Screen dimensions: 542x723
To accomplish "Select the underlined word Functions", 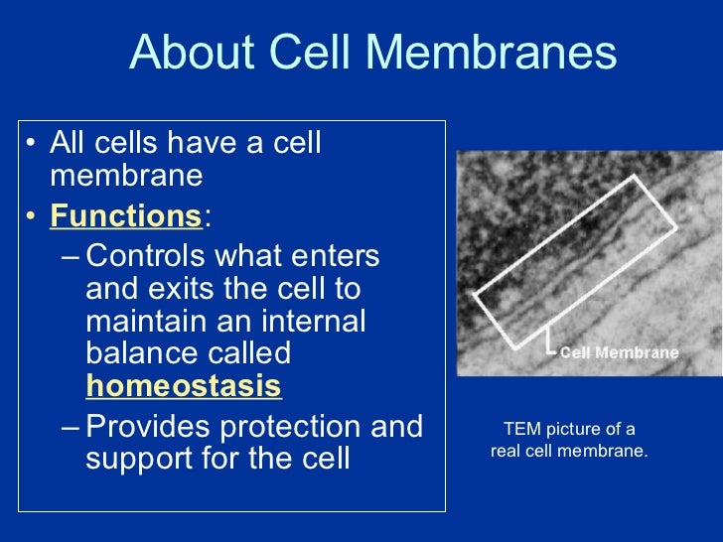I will point(126,214).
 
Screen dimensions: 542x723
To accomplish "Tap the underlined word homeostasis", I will point(184,385).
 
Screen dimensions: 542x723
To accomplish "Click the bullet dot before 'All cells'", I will point(34,145).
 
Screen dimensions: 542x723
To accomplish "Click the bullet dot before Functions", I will point(34,215).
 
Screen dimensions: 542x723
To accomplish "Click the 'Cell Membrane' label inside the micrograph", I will point(619,352).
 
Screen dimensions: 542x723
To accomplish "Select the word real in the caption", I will point(508,451).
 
